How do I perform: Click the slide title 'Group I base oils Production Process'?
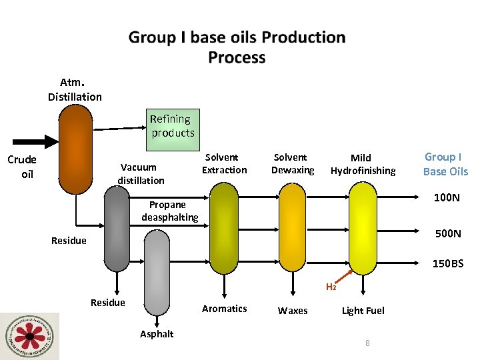coord(237,47)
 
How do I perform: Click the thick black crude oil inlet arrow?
coord(33,141)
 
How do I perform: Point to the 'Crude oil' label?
coord(22,167)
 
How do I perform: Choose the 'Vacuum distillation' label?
coord(141,174)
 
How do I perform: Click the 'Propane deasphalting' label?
coord(169,211)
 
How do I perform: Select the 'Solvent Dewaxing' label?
coord(292,163)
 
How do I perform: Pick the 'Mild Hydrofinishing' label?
coord(363,164)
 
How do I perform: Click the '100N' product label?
coord(447,198)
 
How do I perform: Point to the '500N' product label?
coord(447,233)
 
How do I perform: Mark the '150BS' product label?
coord(447,264)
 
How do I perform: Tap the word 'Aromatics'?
coord(224,309)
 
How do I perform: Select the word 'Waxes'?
coord(293,311)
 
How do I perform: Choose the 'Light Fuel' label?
coord(363,311)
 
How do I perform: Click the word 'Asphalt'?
coord(157,334)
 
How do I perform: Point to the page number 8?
coord(367,343)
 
